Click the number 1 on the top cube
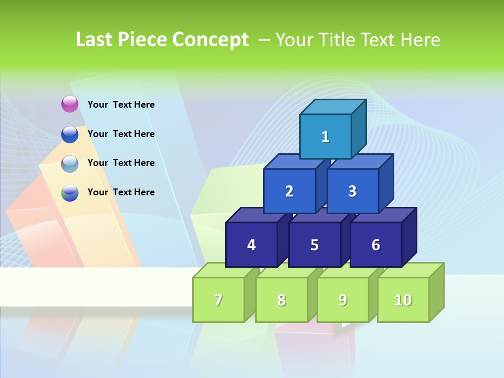pos(325,137)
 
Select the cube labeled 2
pos(289,191)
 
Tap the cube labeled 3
pos(352,191)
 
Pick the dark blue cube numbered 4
pos(251,245)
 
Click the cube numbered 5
pos(314,245)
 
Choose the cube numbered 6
pos(376,245)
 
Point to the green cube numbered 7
pos(218,300)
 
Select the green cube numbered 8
pos(281,300)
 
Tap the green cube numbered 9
pos(342,300)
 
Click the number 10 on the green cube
pos(403,300)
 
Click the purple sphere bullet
pos(70,104)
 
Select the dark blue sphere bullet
pos(70,134)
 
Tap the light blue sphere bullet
pos(70,163)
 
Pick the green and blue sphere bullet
pos(70,193)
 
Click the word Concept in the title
pos(211,40)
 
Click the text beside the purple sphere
pos(121,104)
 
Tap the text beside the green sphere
pos(121,192)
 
